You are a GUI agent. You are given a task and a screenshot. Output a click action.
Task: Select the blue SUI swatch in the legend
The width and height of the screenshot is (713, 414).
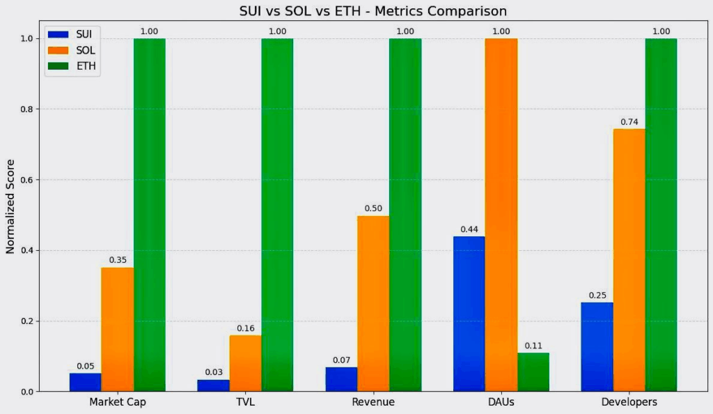58,34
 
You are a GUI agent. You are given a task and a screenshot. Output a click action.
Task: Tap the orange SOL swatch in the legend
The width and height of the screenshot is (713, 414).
58,50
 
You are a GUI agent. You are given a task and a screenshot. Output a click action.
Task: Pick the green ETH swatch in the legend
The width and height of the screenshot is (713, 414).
58,67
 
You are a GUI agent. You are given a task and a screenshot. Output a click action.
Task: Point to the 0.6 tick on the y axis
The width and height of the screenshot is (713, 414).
26,180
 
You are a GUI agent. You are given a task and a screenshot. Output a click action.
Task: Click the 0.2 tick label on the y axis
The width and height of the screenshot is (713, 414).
26,321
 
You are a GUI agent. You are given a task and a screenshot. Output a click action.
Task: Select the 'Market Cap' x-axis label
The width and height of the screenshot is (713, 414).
117,402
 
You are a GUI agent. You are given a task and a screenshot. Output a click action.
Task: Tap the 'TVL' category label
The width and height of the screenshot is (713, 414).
245,402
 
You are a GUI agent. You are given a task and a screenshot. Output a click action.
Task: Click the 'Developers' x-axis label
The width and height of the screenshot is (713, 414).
629,402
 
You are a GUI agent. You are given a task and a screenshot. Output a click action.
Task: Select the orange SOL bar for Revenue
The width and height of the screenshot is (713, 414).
373,303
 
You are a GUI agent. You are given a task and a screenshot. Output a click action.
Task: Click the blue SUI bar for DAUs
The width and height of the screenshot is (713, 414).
469,314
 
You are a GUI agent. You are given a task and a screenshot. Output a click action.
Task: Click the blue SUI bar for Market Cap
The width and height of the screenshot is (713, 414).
85,382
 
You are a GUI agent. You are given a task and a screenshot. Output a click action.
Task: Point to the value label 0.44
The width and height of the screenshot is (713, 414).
469,229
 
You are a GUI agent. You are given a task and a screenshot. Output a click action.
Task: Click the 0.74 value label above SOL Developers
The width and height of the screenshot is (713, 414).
629,122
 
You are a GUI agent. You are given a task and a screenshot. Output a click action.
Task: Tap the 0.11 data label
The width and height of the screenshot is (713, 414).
533,346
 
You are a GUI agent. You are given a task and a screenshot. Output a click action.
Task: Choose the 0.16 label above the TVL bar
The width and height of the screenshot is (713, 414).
245,328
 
